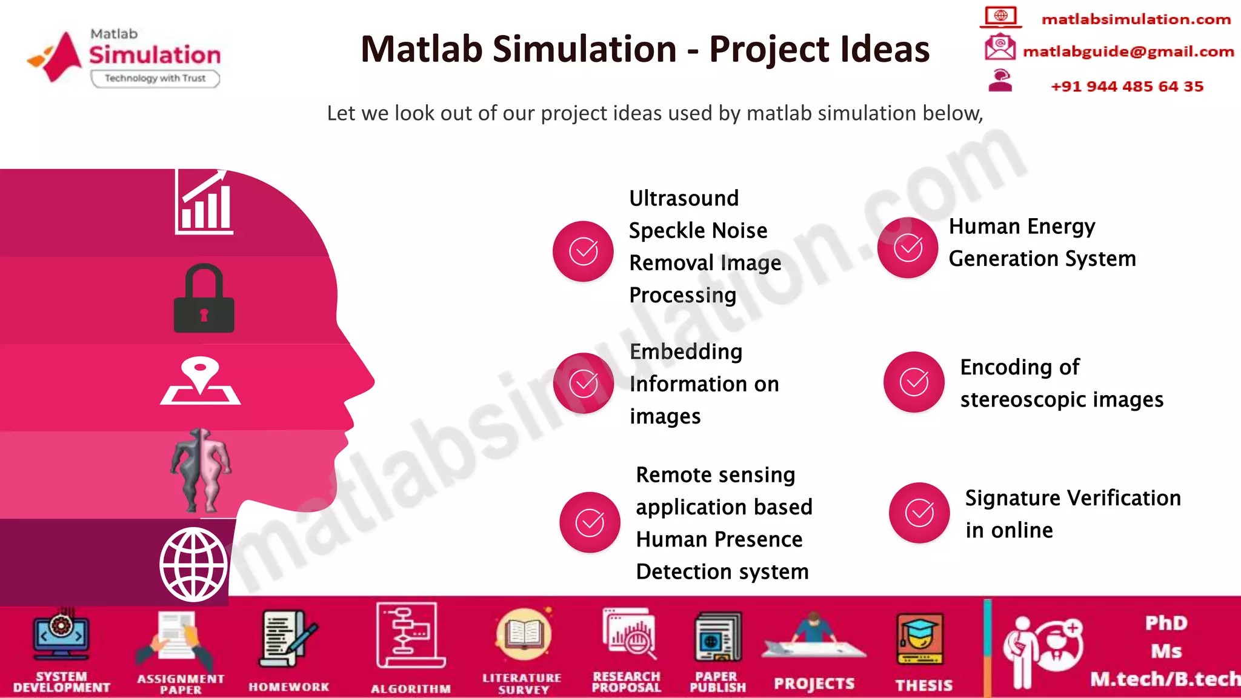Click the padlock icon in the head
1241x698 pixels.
click(x=204, y=299)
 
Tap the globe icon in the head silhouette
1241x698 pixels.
click(x=194, y=564)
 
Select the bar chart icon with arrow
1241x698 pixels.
click(x=204, y=202)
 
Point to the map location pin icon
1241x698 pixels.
click(x=201, y=381)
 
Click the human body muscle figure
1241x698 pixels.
click(x=201, y=470)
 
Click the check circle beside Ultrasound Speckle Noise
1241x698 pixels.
click(x=583, y=251)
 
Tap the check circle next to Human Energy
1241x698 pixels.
click(x=908, y=248)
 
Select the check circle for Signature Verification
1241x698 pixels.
click(x=919, y=513)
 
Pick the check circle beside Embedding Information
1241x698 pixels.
click(x=584, y=384)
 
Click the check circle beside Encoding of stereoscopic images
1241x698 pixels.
click(x=914, y=382)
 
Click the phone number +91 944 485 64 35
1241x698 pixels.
click(x=1127, y=87)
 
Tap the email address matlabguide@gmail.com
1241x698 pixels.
click(x=1128, y=52)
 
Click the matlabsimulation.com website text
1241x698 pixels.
click(x=1136, y=19)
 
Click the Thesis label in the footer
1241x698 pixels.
click(x=924, y=685)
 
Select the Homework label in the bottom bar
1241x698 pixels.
click(x=289, y=687)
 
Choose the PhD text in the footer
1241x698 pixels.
click(x=1166, y=623)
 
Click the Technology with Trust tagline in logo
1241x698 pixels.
click(x=155, y=79)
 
